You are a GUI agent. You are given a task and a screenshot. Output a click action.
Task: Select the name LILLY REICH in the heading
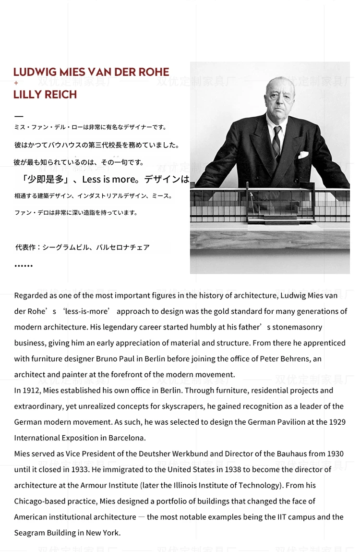[45, 95]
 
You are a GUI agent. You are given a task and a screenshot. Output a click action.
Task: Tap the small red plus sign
[16, 83]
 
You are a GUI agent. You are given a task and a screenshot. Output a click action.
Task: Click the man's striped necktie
[276, 142]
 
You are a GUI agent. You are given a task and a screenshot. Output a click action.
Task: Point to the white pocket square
[303, 155]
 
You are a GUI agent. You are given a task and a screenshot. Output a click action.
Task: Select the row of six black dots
[24, 266]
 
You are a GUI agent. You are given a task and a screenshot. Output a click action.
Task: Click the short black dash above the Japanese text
[19, 116]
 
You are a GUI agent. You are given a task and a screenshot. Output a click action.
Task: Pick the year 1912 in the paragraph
[32, 391]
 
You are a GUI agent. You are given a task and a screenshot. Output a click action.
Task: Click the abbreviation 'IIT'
[283, 517]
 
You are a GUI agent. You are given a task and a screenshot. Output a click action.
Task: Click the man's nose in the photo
[275, 103]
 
